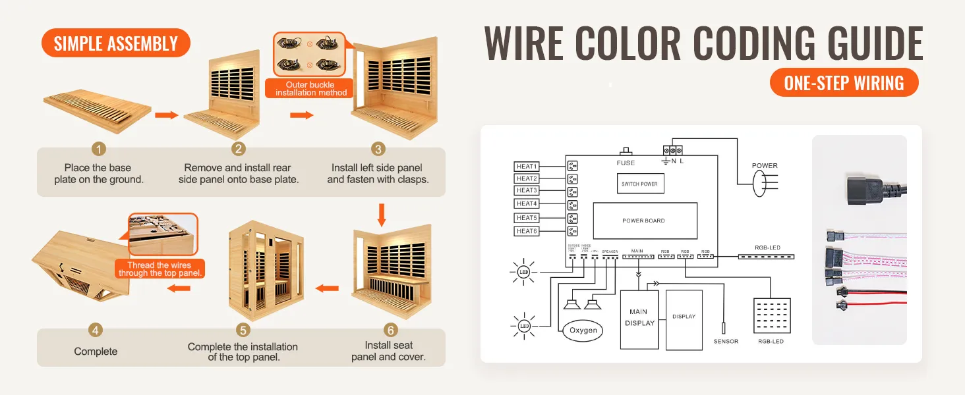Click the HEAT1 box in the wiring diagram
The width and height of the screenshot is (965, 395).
point(527,167)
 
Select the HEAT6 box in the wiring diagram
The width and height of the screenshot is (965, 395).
point(527,231)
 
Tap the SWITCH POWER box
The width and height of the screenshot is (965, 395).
point(639,184)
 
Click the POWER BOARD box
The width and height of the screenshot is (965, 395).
point(644,221)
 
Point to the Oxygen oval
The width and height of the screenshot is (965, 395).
point(583,330)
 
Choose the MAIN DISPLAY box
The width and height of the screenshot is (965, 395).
point(639,319)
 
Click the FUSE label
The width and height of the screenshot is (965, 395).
point(626,163)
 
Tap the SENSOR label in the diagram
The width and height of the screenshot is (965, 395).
point(726,342)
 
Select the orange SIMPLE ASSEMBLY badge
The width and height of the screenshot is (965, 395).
point(115,43)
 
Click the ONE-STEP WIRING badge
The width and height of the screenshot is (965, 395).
point(844,83)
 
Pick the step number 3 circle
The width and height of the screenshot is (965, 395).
point(378,149)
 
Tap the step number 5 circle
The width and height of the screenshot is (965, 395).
point(243,330)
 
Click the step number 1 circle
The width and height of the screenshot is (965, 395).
point(98,149)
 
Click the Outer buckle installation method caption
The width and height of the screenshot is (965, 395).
point(310,89)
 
